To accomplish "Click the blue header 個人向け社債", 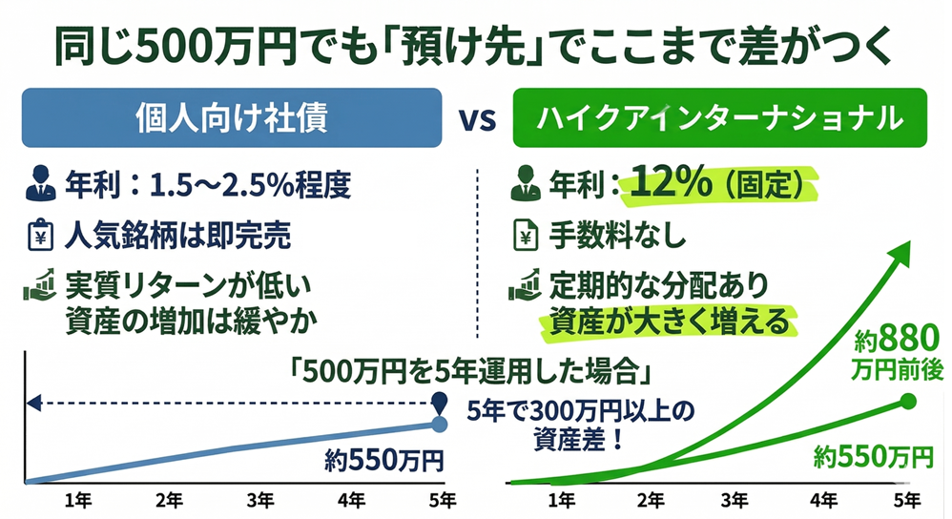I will click(233, 120).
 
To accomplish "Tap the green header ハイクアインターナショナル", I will click(721, 120).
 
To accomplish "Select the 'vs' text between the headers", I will click(476, 121).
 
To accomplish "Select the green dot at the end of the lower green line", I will click(907, 401).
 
